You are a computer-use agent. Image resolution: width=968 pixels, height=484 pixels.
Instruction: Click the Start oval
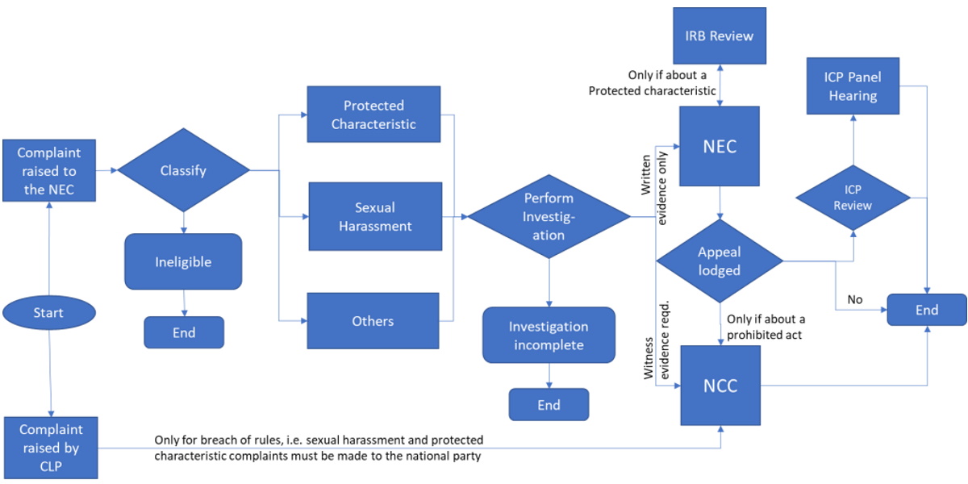[49, 312]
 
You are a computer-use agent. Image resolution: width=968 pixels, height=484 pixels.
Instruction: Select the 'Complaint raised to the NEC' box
[49, 171]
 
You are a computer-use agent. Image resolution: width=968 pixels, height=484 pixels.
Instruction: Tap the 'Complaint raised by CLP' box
[52, 448]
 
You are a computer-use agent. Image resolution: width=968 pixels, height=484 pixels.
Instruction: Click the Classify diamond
[184, 170]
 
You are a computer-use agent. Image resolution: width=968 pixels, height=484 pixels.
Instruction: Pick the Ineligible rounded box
[183, 261]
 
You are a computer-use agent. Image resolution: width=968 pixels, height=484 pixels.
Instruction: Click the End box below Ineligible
[184, 332]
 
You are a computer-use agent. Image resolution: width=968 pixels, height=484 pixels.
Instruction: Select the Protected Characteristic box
[373, 115]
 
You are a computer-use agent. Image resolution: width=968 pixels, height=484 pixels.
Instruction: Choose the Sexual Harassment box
[375, 216]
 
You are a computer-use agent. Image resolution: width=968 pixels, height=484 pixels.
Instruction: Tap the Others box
[373, 320]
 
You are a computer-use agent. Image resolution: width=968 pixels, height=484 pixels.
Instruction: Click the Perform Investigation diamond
[549, 216]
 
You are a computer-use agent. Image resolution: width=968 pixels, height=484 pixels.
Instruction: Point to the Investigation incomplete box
[549, 336]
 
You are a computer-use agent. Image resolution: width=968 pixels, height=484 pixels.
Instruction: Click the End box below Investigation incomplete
[549, 405]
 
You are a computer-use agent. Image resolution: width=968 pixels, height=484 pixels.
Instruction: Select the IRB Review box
[719, 35]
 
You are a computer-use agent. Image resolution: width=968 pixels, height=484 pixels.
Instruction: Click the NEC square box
[720, 147]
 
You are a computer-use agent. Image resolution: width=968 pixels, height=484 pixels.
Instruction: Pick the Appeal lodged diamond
[719, 261]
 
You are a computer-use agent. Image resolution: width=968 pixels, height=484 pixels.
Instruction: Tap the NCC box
[720, 386]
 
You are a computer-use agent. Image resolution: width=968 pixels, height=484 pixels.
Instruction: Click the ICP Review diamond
[853, 197]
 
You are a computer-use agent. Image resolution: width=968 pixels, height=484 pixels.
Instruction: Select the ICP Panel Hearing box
[853, 87]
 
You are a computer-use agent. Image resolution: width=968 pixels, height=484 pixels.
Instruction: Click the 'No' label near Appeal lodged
[854, 299]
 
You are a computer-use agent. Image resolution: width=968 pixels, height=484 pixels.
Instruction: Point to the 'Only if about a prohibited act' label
[765, 327]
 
